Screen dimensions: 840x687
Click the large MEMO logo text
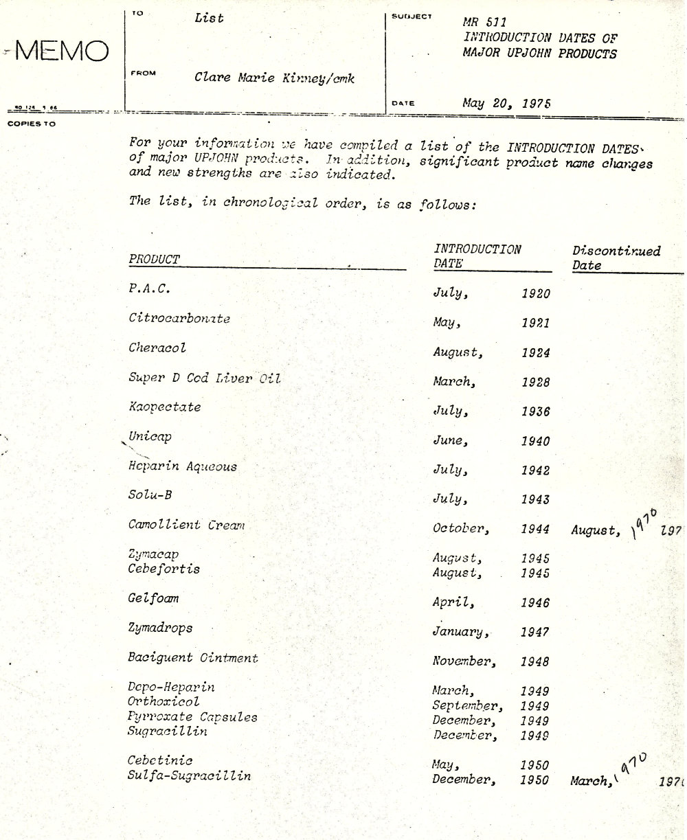[x=63, y=51]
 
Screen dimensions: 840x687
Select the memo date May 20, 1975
[x=506, y=103]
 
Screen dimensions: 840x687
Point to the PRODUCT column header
[x=154, y=260]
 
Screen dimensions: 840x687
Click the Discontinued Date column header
[x=616, y=258]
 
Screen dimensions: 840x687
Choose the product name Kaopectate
[x=164, y=407]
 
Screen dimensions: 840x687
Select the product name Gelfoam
[x=153, y=598]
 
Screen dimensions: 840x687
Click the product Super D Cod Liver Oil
[x=204, y=378]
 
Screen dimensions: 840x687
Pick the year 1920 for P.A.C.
[x=535, y=294]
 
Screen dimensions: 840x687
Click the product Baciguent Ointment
[x=192, y=658]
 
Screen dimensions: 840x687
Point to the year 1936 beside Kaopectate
[x=535, y=412]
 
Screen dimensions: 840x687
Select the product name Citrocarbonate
[x=179, y=319]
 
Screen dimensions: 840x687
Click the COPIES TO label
[x=32, y=124]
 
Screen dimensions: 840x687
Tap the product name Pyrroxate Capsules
[x=192, y=717]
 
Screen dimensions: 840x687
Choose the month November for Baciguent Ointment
[x=462, y=662]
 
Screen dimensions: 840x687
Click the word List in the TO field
[x=209, y=19]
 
